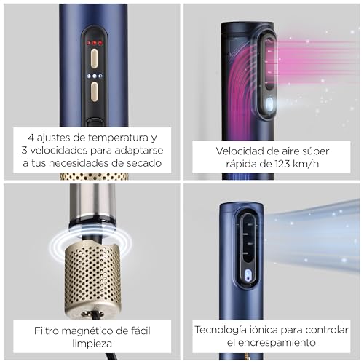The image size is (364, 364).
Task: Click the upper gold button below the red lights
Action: tap(94, 58)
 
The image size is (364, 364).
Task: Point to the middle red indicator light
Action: tap(94, 43)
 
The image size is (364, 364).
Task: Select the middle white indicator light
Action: tap(94, 76)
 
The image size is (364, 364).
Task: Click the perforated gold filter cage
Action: tap(92, 277)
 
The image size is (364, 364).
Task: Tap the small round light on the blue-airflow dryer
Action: tap(247, 275)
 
